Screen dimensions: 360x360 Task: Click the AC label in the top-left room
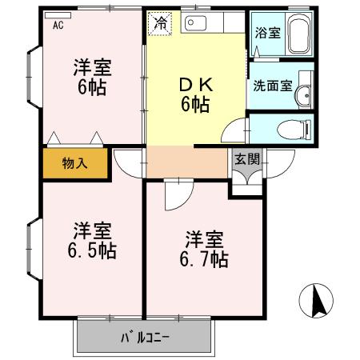58,25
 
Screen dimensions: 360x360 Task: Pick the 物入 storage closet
74,163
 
